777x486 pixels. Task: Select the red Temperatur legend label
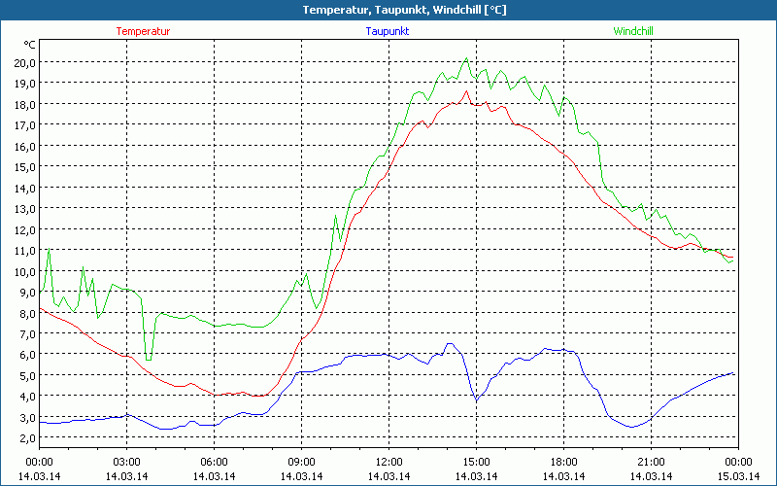143,31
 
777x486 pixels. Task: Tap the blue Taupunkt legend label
388,31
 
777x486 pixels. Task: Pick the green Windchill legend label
633,31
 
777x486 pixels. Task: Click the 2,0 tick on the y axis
25,438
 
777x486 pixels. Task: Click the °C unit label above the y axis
30,45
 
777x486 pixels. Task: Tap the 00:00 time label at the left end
39,462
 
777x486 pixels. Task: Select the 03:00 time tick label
127,462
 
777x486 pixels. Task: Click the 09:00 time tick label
301,462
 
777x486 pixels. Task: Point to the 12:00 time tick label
388,462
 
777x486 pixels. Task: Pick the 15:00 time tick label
476,462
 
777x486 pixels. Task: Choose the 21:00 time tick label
651,462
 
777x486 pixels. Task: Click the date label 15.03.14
738,475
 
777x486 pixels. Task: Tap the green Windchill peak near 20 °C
466,58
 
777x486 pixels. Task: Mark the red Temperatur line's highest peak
466,91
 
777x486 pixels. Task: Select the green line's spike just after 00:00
49,250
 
